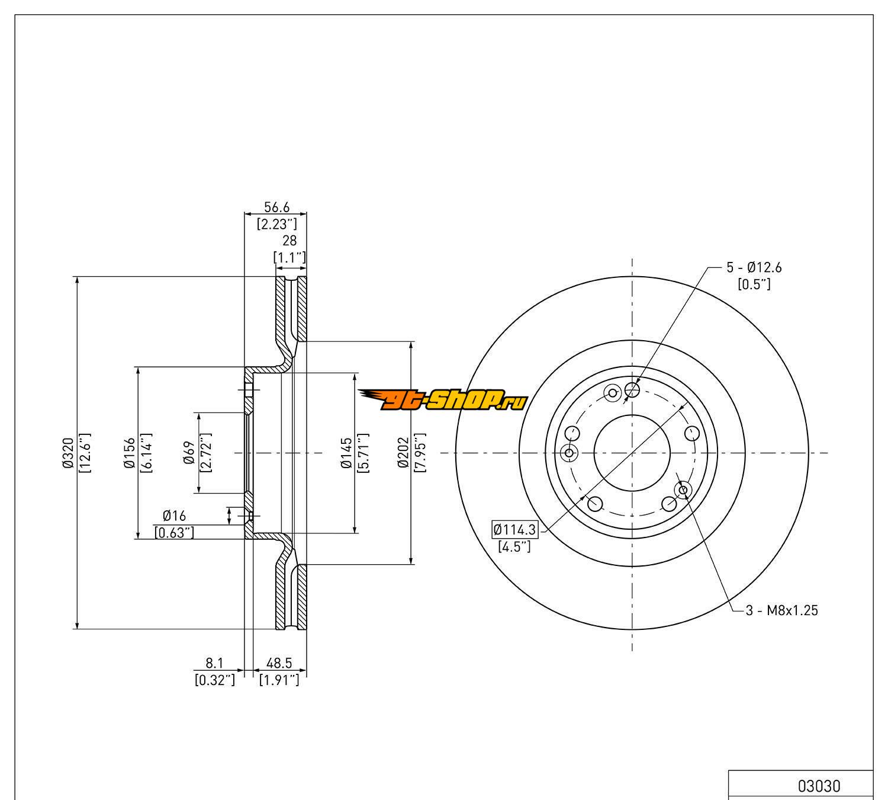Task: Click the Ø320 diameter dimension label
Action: [67, 453]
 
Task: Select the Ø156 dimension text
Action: [129, 453]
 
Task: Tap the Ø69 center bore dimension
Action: [189, 453]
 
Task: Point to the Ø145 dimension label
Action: [346, 453]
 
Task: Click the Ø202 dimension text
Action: [403, 453]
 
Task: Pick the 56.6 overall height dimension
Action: [276, 207]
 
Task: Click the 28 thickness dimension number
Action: [289, 241]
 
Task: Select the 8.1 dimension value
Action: [214, 663]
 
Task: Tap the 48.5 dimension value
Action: [279, 663]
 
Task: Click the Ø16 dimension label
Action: [175, 516]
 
